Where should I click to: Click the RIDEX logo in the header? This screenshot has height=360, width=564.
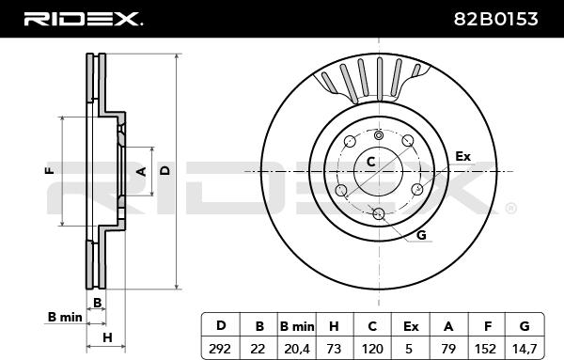click(83, 19)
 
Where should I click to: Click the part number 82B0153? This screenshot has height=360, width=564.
click(495, 19)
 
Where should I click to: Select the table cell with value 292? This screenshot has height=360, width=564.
click(220, 349)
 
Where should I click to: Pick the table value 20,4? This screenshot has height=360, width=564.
click(297, 349)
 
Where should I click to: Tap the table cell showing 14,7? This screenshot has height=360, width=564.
click(525, 349)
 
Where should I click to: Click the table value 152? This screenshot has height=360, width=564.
click(487, 349)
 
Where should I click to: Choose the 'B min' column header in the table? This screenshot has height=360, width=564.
click(297, 326)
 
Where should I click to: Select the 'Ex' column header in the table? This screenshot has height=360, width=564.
click(411, 326)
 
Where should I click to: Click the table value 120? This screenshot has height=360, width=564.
click(372, 349)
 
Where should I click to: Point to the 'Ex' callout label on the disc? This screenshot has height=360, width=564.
click(462, 156)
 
